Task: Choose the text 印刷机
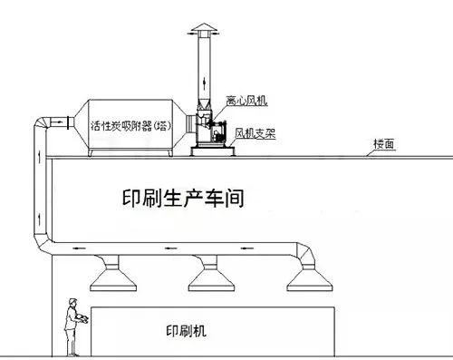(188, 332)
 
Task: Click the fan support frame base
(213, 150)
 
